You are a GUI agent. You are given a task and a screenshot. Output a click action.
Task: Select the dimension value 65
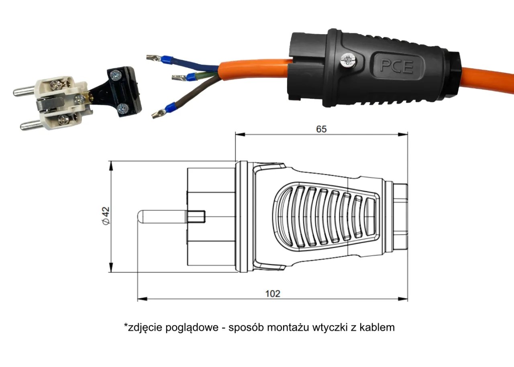pyautogui.click(x=321, y=129)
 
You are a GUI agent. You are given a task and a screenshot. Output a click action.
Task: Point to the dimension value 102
pyautogui.click(x=273, y=294)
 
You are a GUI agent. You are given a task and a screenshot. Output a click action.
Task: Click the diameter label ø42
pyautogui.click(x=106, y=216)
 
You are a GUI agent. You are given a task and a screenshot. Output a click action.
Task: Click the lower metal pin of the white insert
pyautogui.click(x=31, y=126)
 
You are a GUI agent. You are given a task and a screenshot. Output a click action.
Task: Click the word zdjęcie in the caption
pyautogui.click(x=144, y=327)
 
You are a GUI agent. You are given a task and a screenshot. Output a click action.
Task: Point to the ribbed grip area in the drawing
pyautogui.click(x=325, y=217)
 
